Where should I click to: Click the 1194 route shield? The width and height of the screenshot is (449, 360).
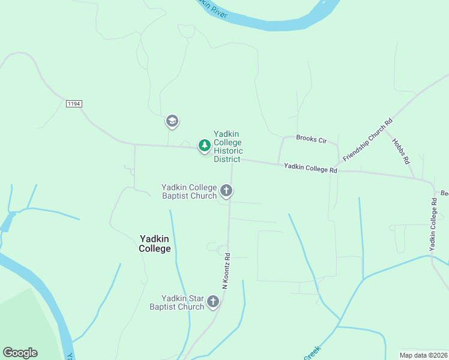click(x=74, y=104)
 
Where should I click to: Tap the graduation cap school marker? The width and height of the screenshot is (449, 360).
click(x=172, y=121)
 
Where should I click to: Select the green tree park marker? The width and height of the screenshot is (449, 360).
click(x=205, y=145)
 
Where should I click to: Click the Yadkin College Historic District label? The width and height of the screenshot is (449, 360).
click(x=228, y=146)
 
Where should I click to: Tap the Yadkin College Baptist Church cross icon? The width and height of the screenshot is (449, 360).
click(x=226, y=191)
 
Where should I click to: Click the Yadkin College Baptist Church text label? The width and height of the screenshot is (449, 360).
click(x=188, y=191)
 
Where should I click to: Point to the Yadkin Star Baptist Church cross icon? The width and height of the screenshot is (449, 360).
click(x=213, y=302)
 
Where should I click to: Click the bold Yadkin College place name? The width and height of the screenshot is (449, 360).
click(x=155, y=244)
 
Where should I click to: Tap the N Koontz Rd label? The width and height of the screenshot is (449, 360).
click(x=226, y=271)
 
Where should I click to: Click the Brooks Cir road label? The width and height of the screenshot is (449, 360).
click(x=312, y=139)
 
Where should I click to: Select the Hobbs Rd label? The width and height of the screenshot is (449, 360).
click(x=401, y=151)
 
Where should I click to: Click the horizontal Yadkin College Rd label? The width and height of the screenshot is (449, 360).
click(x=310, y=169)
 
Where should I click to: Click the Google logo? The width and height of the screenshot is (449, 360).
click(x=20, y=353)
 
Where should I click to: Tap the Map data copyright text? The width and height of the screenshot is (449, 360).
click(x=424, y=355)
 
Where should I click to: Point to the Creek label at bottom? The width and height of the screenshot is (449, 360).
click(x=312, y=353)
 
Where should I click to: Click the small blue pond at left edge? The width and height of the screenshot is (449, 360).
click(x=7, y=222)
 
